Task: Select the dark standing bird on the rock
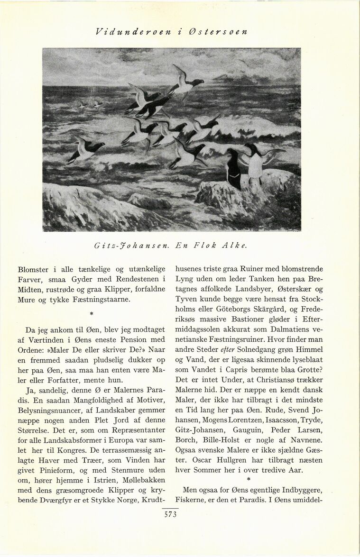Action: pyautogui.click(x=233, y=168)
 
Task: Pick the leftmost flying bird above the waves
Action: pyautogui.click(x=86, y=149)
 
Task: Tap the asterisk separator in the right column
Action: pyautogui.click(x=248, y=480)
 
